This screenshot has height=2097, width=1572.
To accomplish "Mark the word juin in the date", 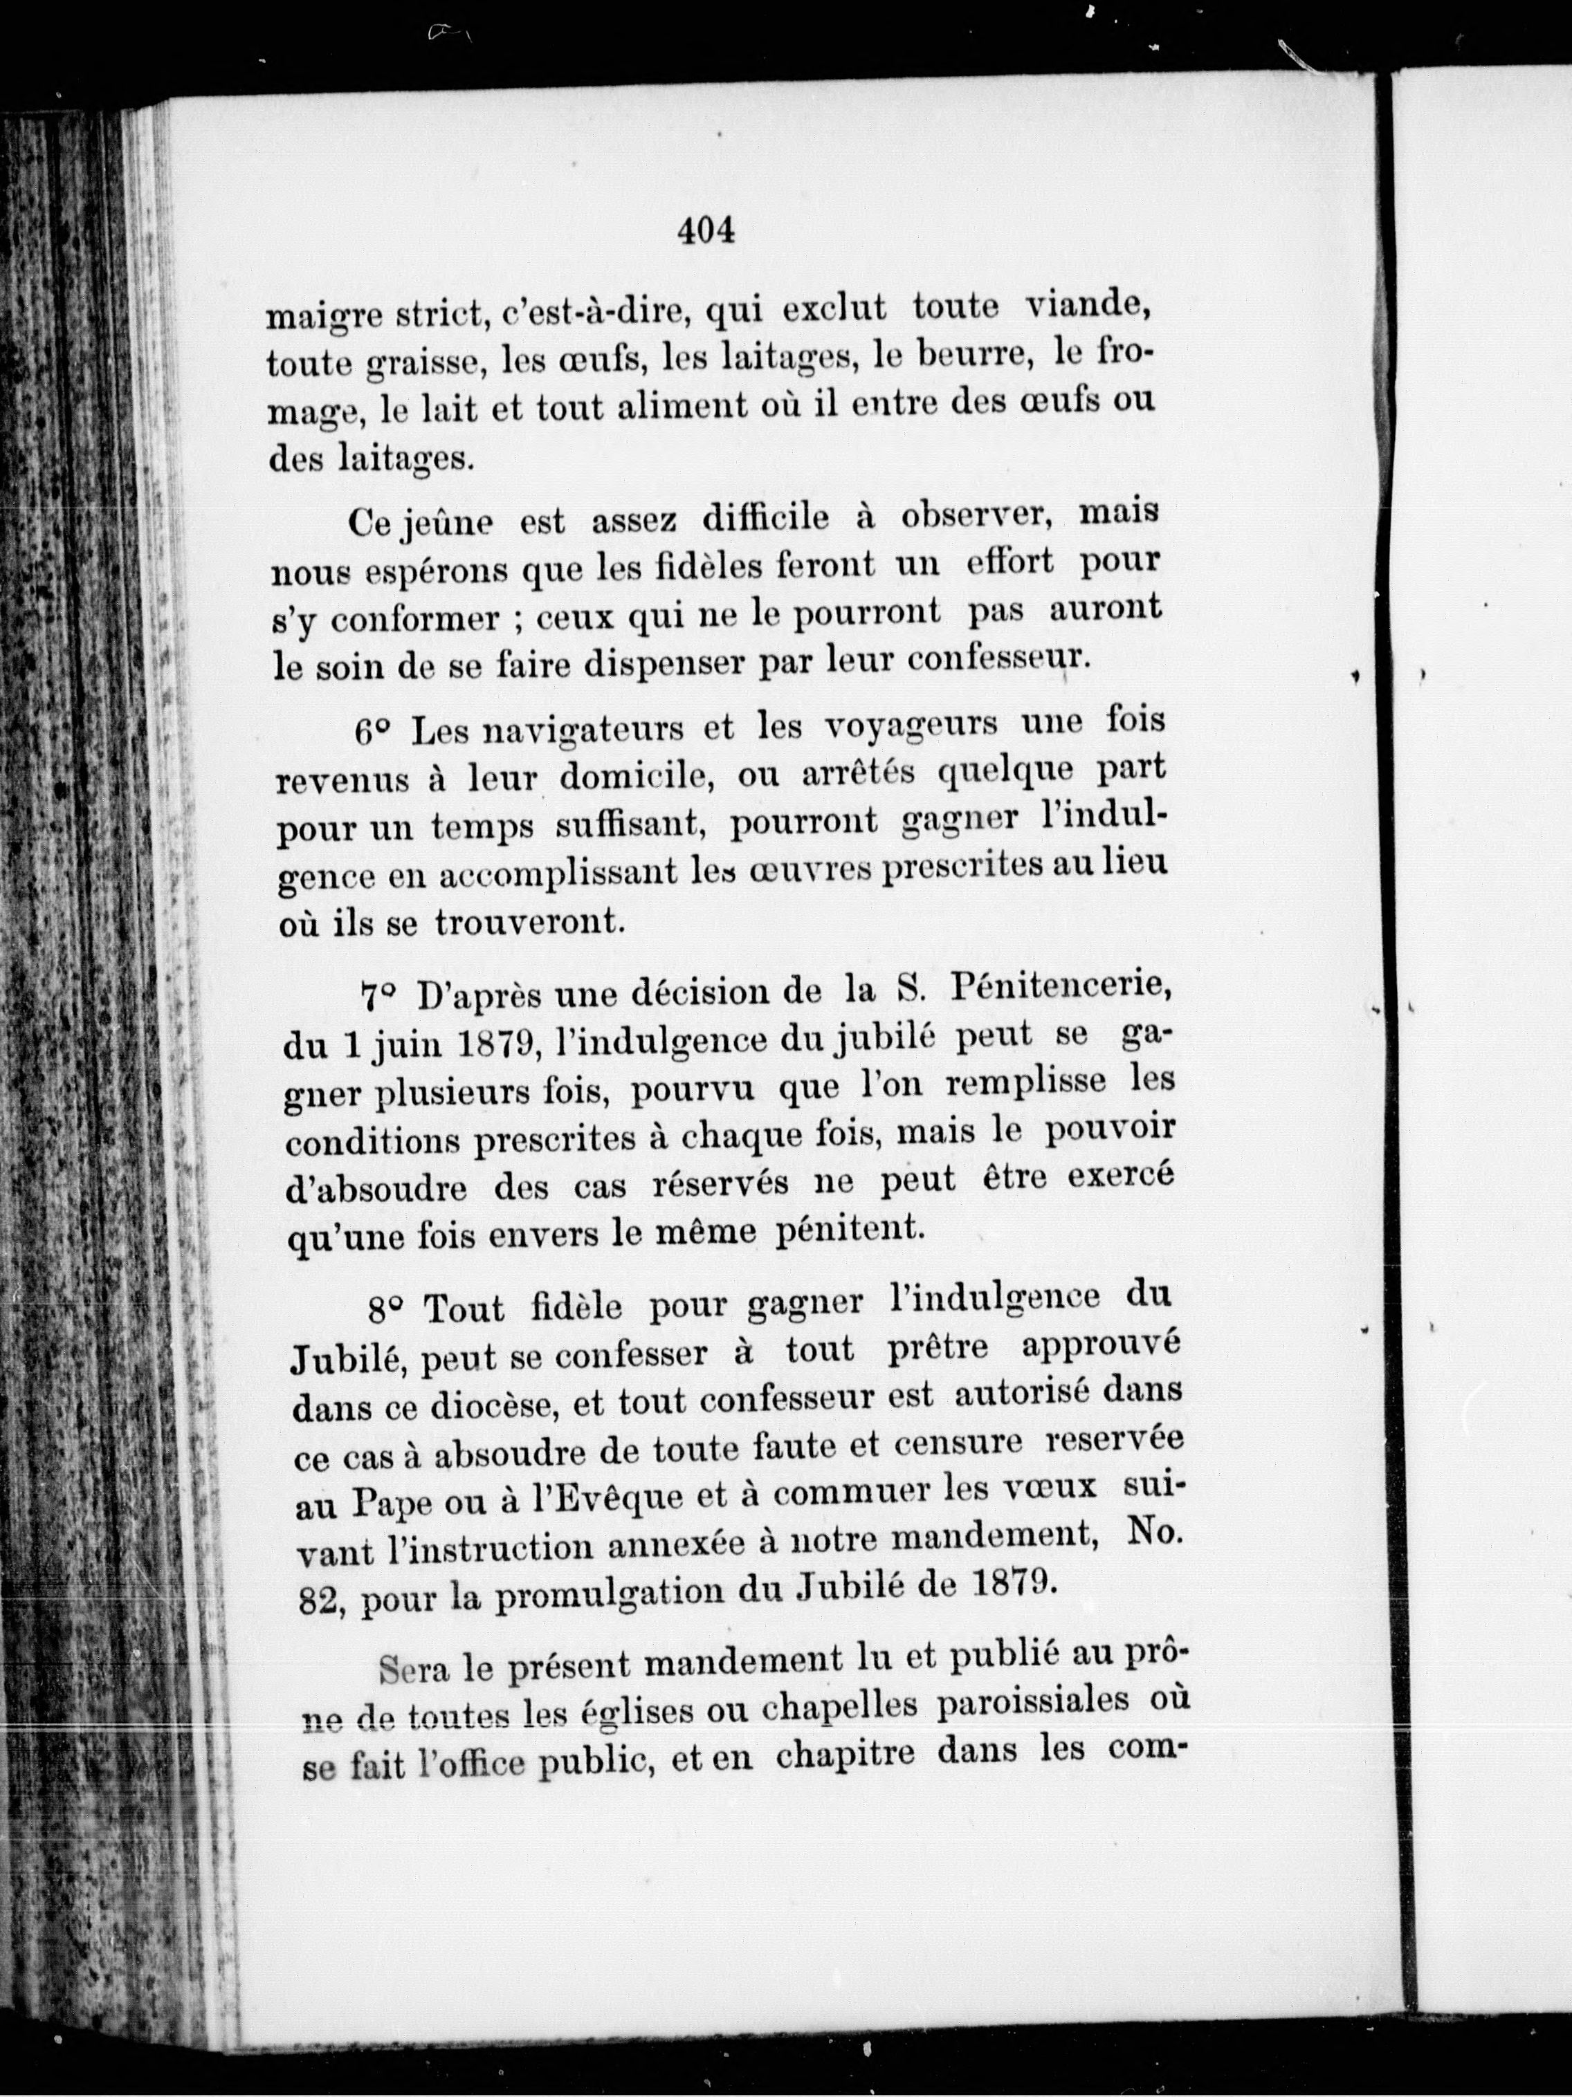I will point(397,1045).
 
